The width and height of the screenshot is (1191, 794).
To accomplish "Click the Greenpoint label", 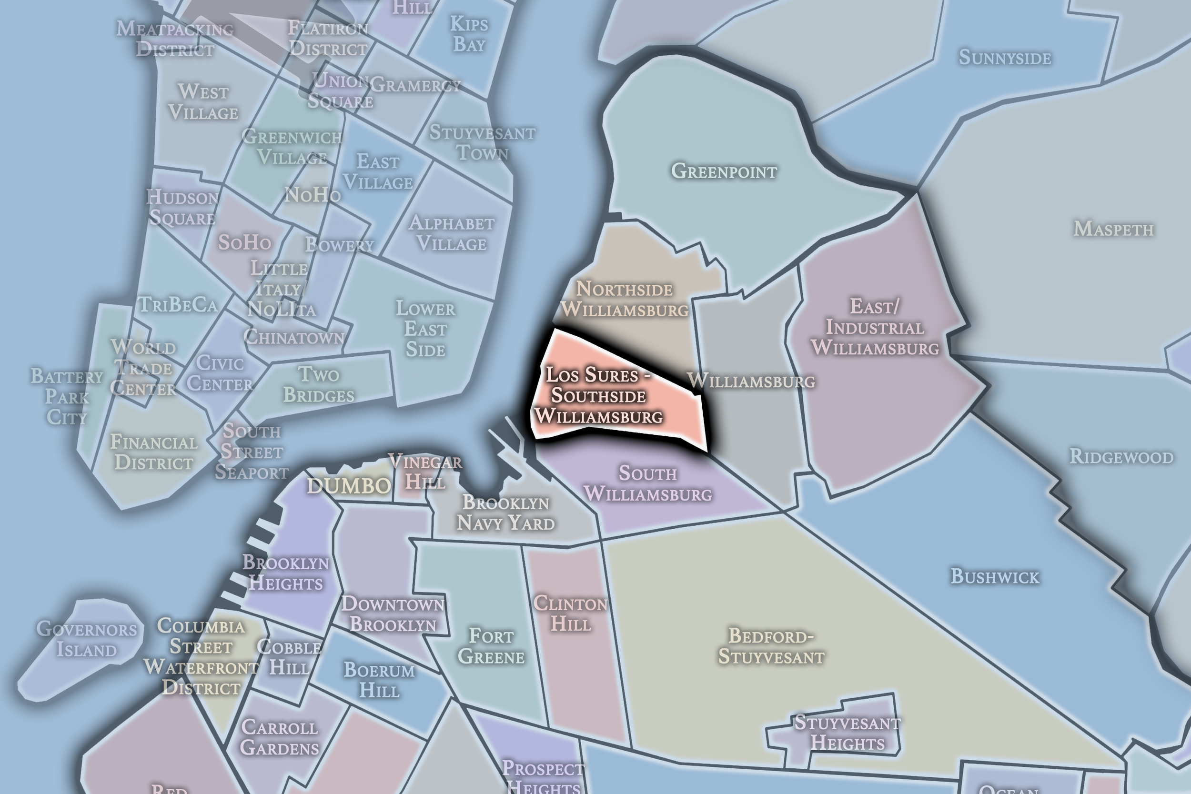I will point(724,171).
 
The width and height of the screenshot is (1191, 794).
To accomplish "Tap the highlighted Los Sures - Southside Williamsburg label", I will point(598,395).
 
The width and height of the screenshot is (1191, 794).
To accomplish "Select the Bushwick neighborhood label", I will point(995,576).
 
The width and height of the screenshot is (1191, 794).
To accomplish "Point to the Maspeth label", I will point(1113,229).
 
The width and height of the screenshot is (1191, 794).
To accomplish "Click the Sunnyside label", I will point(1005,57).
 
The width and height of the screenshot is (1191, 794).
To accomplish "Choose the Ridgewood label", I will point(1121,457).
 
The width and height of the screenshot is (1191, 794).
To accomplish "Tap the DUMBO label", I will point(348,486).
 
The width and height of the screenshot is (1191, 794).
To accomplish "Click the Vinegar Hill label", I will point(425,472).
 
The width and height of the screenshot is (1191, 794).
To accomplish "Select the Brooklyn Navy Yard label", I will point(505,513).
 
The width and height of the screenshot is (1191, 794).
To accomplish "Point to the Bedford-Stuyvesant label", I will point(771,646).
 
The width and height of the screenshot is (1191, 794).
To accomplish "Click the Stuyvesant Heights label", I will point(847,733).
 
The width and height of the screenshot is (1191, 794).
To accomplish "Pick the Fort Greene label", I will point(491,646).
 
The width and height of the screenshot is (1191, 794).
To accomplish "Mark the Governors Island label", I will point(87,639).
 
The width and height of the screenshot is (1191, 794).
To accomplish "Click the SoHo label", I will point(244,242).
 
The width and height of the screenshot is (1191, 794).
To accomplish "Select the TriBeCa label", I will point(178,304).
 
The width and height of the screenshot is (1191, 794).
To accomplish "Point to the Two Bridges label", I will point(319,385).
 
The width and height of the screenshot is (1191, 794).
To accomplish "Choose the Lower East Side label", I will point(425,329).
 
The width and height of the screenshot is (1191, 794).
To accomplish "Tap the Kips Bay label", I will point(469,34).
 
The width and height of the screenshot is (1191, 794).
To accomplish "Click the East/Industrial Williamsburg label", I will point(875,327).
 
